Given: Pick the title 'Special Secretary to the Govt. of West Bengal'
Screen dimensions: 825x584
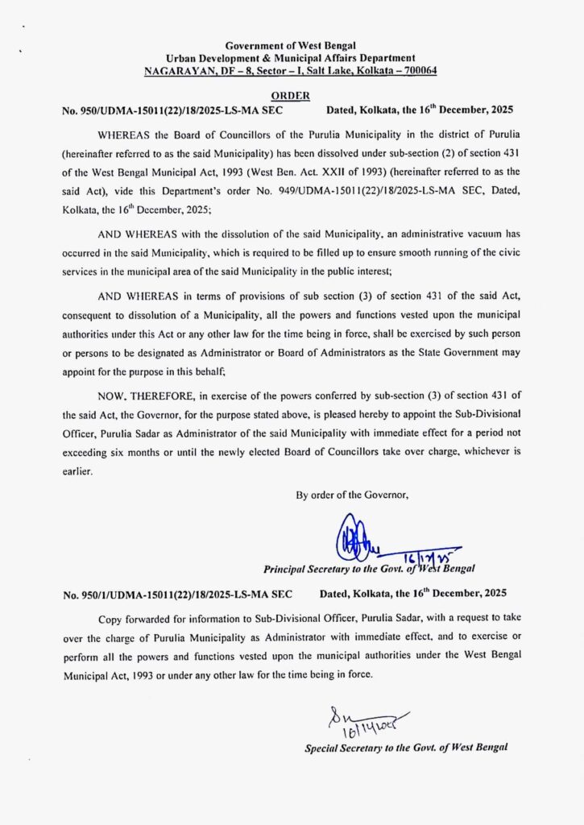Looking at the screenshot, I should pyautogui.click(x=406, y=748).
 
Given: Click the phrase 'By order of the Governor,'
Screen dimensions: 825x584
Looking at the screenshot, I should pyautogui.click(x=352, y=495).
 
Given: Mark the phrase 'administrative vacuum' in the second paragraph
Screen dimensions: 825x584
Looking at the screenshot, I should pyautogui.click(x=442, y=233).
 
